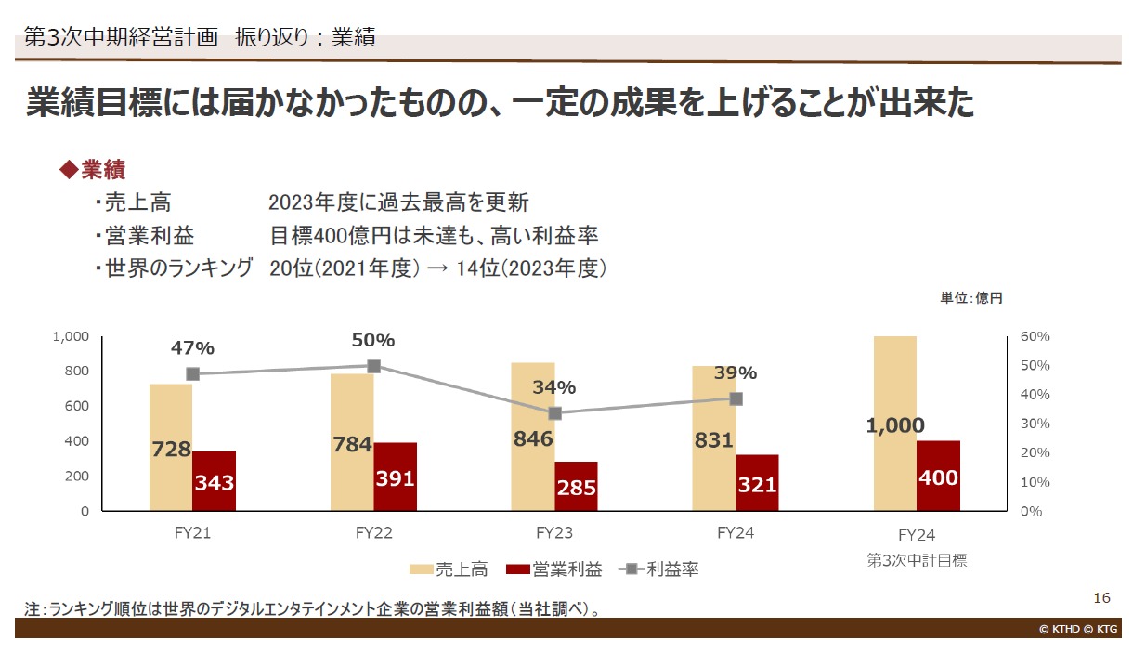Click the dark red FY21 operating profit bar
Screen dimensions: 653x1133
(x=214, y=480)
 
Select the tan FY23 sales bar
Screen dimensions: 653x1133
(x=533, y=437)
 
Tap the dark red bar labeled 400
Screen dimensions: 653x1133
(x=938, y=476)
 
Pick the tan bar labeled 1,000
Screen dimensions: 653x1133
(x=895, y=423)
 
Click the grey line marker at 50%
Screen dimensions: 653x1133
(x=373, y=366)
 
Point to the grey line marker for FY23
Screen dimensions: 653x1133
(x=555, y=413)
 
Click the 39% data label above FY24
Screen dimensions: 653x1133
(x=736, y=373)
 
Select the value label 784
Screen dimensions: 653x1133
(x=352, y=445)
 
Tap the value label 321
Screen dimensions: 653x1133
(x=757, y=485)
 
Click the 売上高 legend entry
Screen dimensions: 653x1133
(x=452, y=569)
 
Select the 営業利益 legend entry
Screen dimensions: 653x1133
(x=553, y=569)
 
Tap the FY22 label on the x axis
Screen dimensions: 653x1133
(x=373, y=534)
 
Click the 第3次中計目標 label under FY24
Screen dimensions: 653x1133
(x=917, y=560)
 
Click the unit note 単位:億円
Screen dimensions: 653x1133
(x=971, y=298)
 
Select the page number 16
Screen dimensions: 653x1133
(x=1102, y=597)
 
